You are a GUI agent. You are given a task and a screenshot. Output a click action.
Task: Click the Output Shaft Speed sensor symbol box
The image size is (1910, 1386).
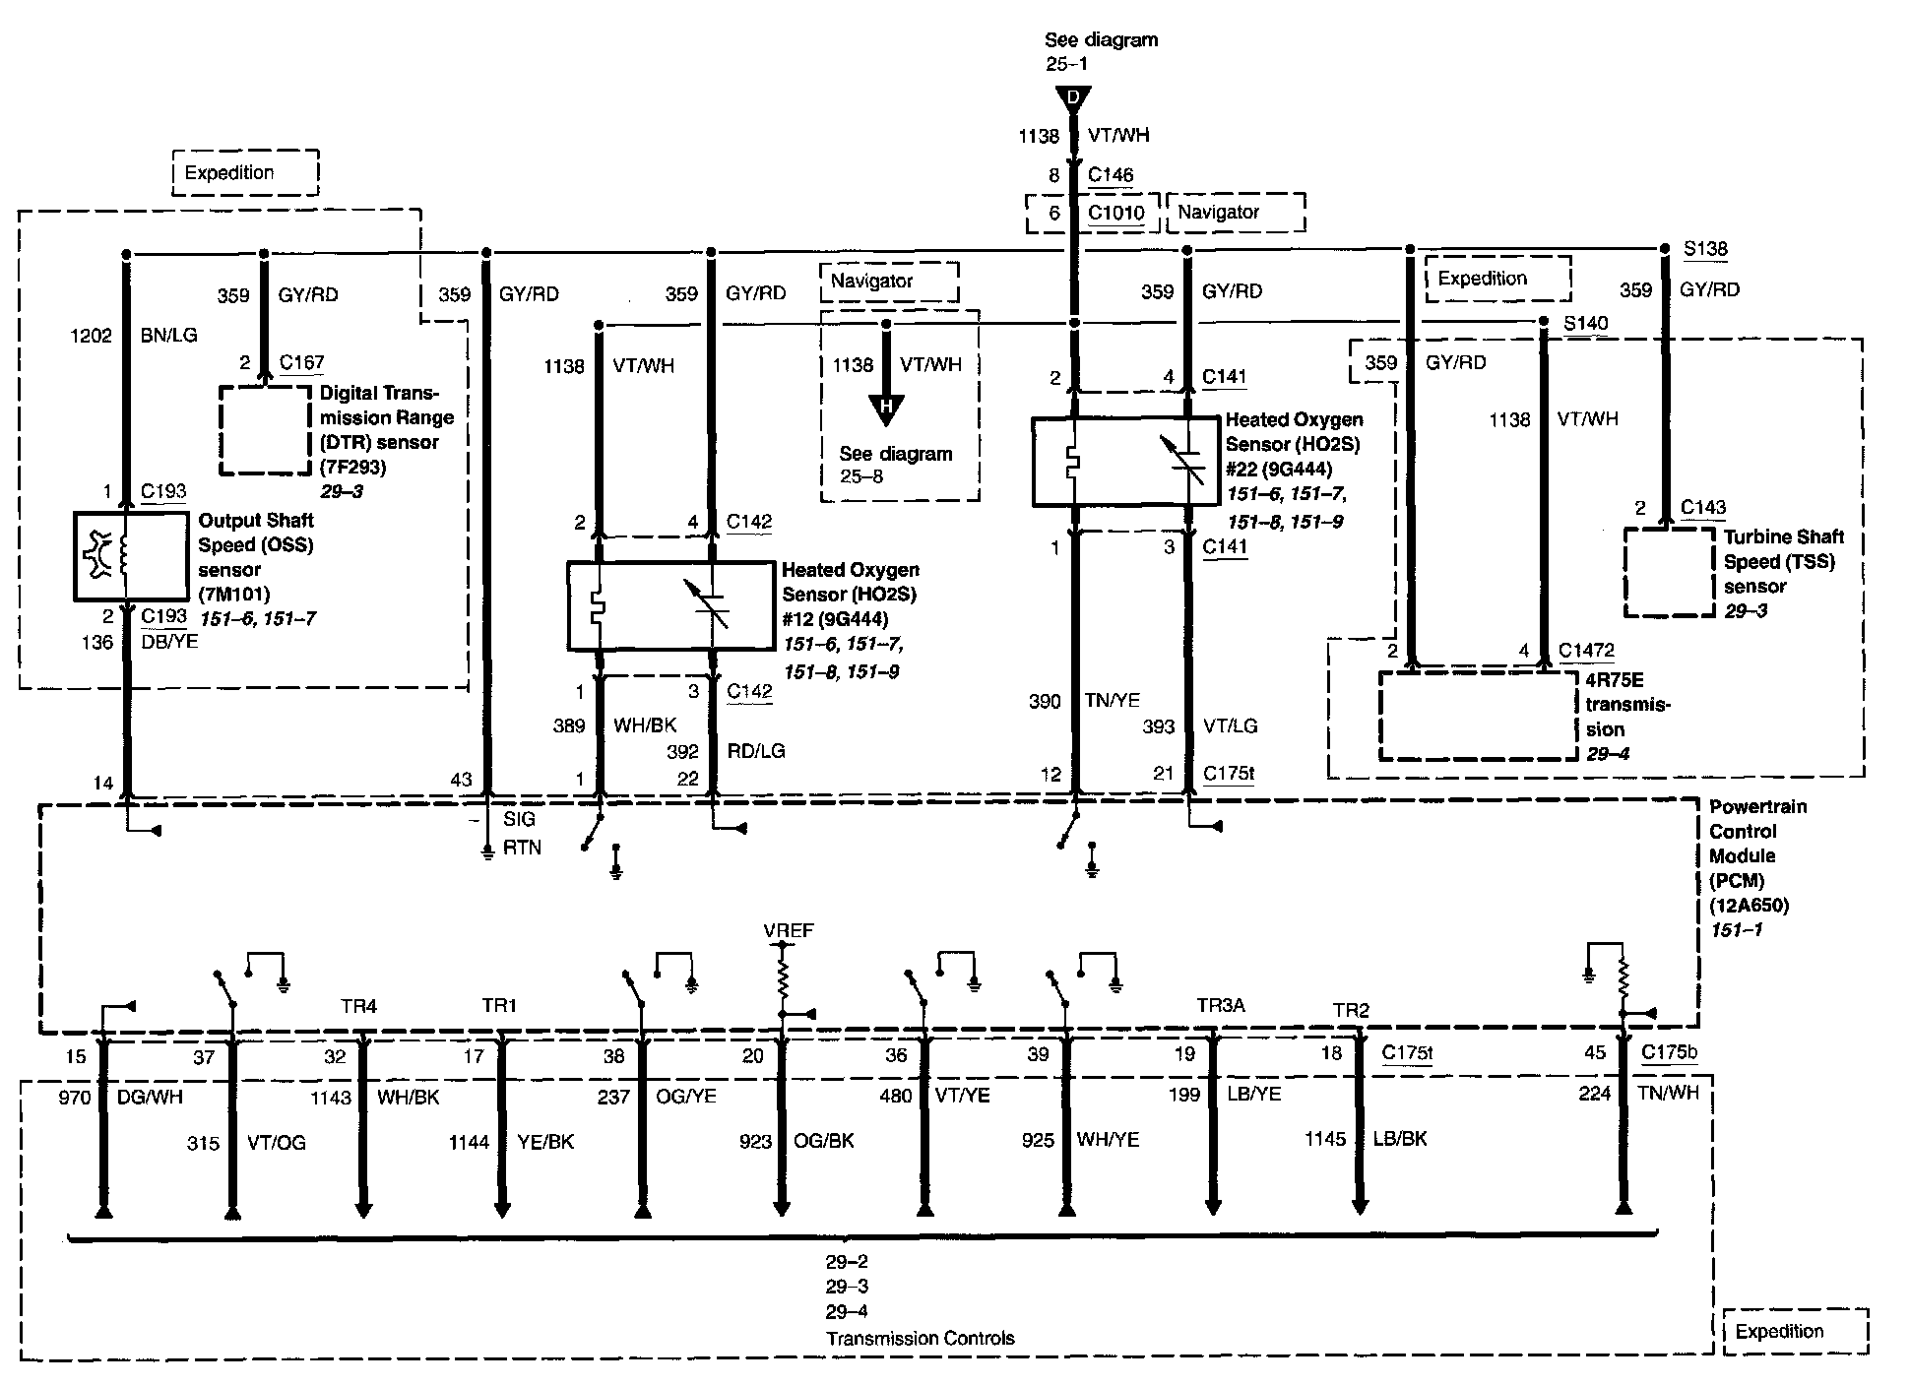coord(130,556)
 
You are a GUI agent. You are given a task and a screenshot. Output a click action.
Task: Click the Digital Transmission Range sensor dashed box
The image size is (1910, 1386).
coord(265,430)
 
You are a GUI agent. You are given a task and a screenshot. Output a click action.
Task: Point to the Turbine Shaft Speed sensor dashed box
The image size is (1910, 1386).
coord(1670,573)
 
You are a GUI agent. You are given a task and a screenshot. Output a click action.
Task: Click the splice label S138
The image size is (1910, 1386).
coord(1705,249)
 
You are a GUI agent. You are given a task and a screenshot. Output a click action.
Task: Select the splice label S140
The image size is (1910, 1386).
coord(1585,323)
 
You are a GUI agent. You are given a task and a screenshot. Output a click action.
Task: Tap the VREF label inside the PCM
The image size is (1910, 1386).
coord(789,930)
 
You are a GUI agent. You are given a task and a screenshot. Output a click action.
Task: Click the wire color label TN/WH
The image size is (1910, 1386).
coord(1668,1093)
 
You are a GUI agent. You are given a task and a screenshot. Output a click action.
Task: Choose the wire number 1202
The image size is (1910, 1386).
coord(91,335)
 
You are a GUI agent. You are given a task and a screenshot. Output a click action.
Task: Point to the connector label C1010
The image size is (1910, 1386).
coord(1116,213)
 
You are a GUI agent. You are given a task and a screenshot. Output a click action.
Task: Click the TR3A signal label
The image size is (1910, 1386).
coord(1221,1005)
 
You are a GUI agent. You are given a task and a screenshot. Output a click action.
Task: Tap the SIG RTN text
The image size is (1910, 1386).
coord(522,833)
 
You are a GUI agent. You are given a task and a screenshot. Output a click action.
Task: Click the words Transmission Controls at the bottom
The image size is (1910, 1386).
coord(920,1338)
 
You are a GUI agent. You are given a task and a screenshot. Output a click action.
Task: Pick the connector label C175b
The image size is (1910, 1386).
coord(1669,1052)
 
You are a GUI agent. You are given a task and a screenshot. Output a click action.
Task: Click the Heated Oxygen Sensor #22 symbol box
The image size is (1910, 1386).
coord(1126,462)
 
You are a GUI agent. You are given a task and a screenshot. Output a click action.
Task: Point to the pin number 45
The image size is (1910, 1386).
coord(1595,1052)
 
